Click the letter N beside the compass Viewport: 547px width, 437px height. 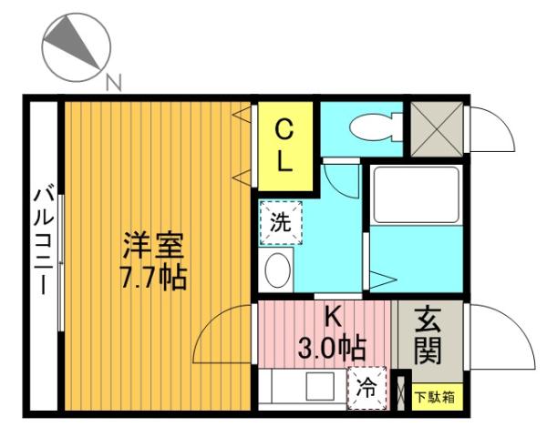click(x=114, y=85)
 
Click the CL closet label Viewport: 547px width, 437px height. click(x=285, y=146)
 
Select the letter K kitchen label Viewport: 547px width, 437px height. click(x=333, y=318)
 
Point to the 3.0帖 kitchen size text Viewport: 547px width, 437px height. click(x=333, y=347)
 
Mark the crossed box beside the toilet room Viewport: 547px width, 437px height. click(x=437, y=127)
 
